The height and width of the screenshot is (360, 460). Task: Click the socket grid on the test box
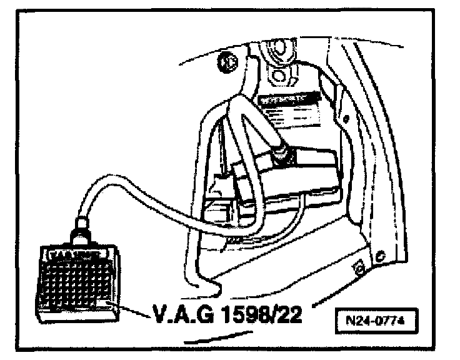pyautogui.click(x=74, y=279)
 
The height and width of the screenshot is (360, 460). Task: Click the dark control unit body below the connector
pyautogui.click(x=294, y=181)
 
